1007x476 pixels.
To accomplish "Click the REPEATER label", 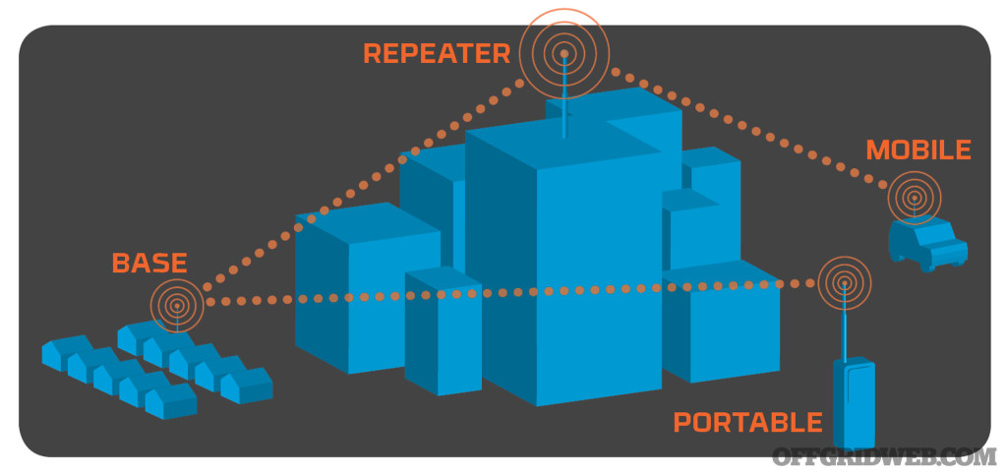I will click(436, 53).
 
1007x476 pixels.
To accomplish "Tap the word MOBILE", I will click(918, 150).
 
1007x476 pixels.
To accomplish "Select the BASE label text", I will click(148, 264).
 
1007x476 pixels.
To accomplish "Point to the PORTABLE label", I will click(747, 423).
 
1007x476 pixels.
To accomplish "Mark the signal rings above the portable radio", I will click(844, 283).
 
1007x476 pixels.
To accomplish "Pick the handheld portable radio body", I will click(853, 403).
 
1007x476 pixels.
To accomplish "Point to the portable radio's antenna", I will click(845, 325).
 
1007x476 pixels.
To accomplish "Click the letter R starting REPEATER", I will click(373, 53).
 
